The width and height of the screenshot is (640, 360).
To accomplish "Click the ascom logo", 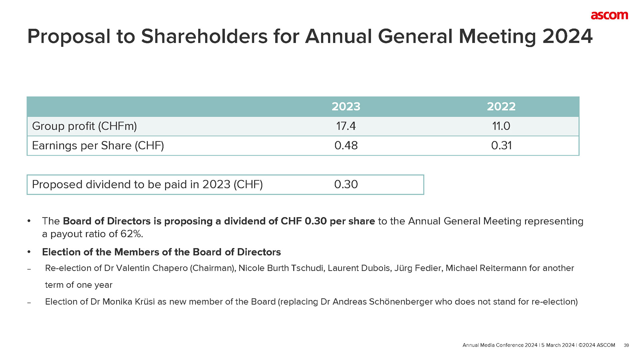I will (609, 15).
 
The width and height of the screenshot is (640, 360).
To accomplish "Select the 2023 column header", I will (346, 107).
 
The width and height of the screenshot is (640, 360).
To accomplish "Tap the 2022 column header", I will (501, 107).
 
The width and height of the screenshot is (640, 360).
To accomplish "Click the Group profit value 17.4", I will (346, 126).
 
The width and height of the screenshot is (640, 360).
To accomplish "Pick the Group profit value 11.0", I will (501, 126).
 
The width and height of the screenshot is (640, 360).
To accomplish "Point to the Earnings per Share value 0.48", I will (346, 146).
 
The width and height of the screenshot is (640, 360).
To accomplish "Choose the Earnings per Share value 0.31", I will (501, 146).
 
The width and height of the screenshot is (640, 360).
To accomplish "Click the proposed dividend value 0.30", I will (346, 184).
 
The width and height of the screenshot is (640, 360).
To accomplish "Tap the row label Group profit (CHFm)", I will (84, 126).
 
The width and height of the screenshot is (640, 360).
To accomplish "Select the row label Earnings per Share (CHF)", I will (98, 146).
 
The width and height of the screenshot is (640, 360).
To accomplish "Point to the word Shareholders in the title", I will (204, 36).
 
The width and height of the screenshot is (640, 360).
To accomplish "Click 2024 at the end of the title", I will (567, 36).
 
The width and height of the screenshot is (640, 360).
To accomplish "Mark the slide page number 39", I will (626, 345).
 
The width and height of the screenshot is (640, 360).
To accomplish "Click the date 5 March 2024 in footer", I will (558, 345).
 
